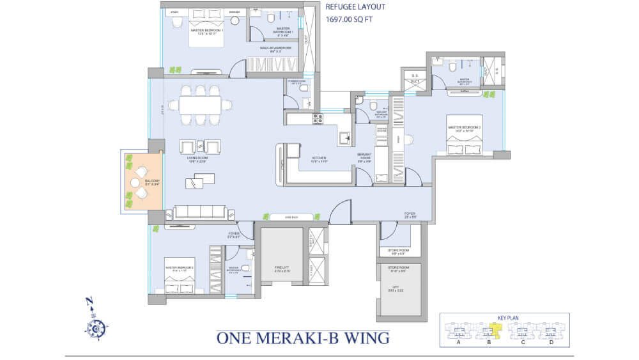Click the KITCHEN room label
[x=319, y=158]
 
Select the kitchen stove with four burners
[x=317, y=118]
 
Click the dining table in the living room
[x=200, y=104]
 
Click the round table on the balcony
[x=135, y=182]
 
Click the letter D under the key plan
[x=550, y=343]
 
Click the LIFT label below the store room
[x=399, y=289]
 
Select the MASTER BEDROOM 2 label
[x=178, y=269]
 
